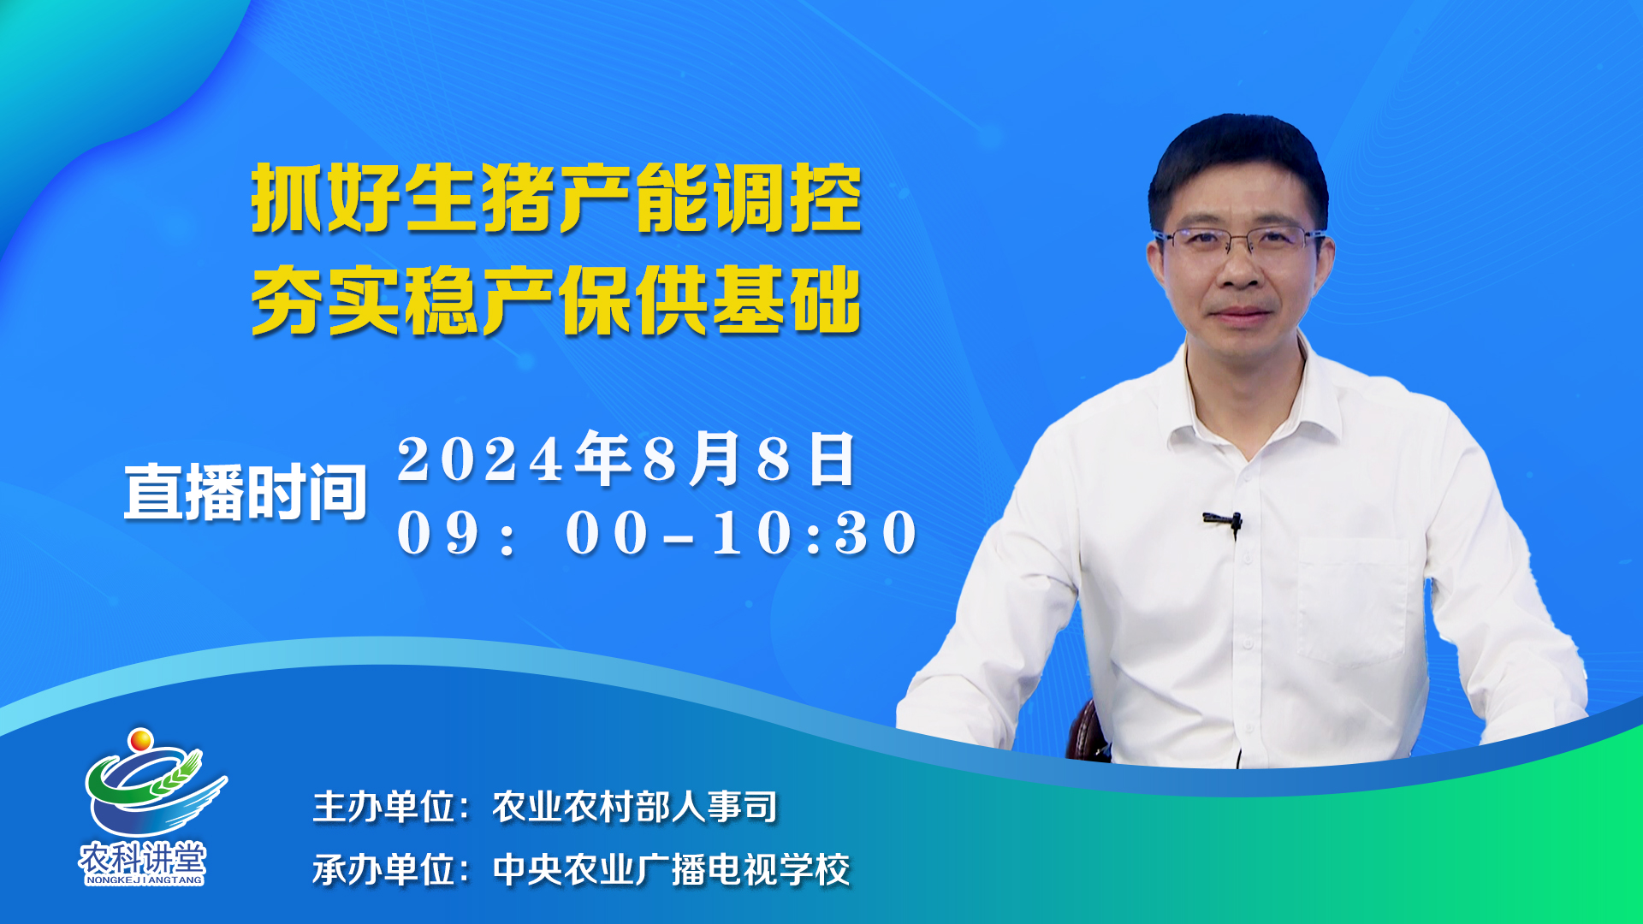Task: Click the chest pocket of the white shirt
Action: pos(1352,599)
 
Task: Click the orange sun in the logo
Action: pos(140,738)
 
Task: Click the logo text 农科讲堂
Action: pos(143,856)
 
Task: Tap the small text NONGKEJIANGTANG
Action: pos(144,880)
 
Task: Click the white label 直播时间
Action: pos(246,492)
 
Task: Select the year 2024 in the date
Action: pos(481,460)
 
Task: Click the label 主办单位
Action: pos(384,807)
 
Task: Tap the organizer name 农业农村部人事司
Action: pos(635,807)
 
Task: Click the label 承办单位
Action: pos(384,870)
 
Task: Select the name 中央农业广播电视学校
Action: pos(672,870)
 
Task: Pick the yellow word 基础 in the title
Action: pos(787,299)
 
